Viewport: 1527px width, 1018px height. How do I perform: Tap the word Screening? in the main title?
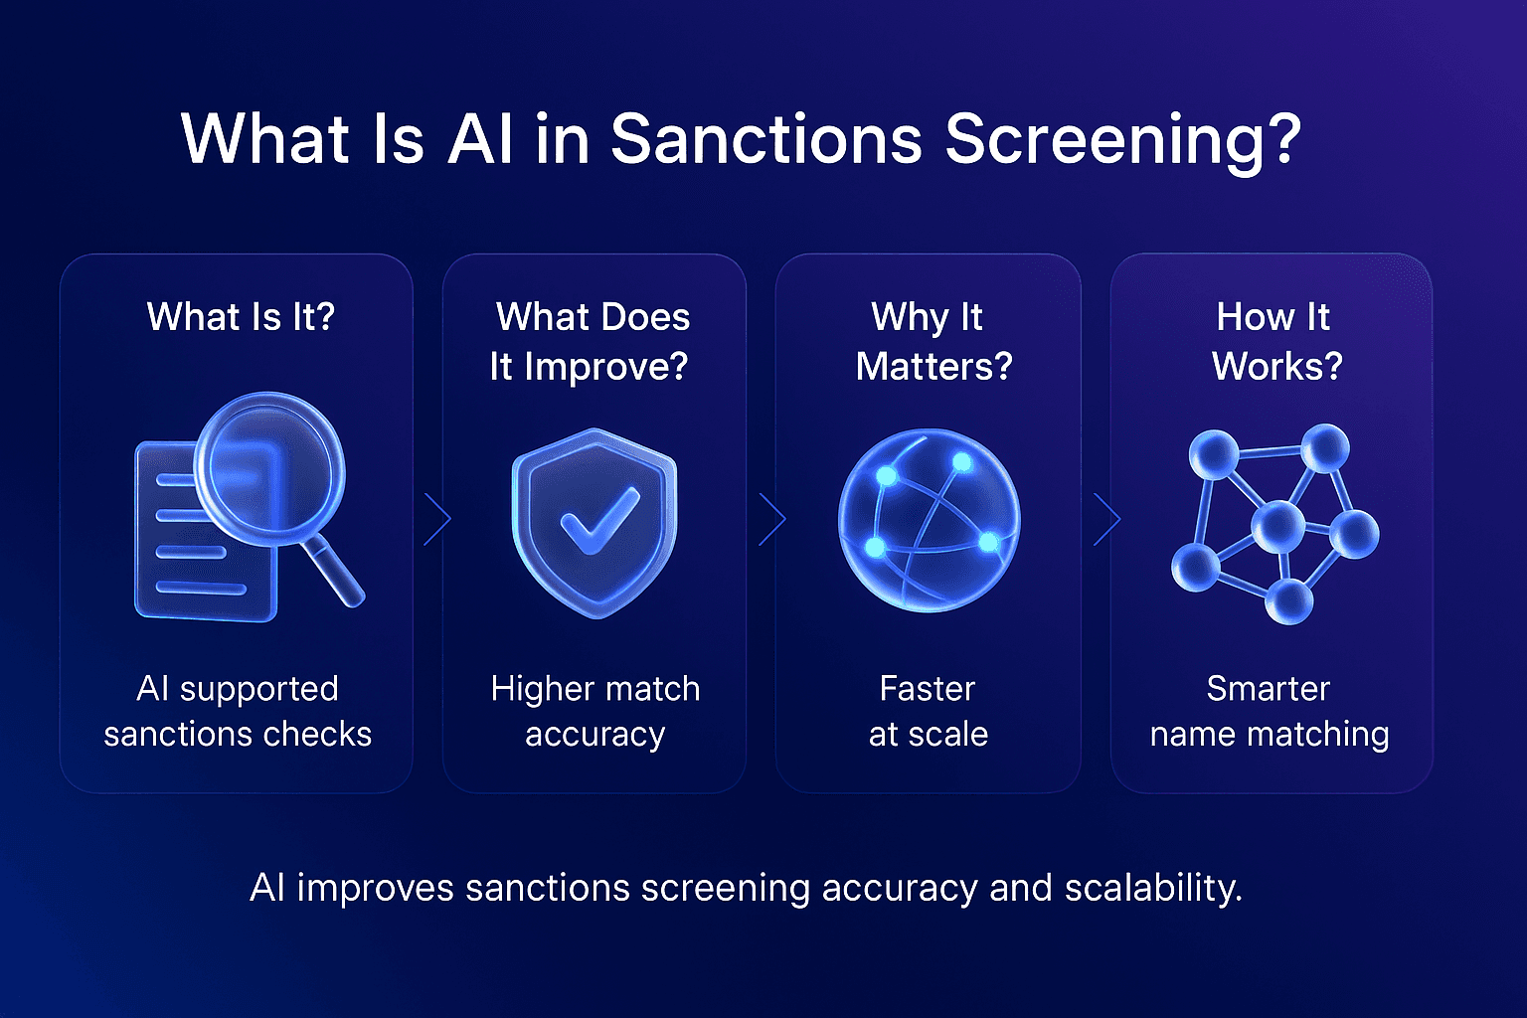point(1122,140)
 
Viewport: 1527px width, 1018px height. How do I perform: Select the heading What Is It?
point(241,317)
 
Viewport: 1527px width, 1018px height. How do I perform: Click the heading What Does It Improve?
point(592,341)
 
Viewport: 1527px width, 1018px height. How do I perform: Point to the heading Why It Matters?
point(932,341)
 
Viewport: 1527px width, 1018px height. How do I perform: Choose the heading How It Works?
point(1274,341)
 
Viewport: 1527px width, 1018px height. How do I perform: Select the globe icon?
point(929,520)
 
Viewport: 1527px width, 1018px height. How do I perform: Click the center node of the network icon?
point(1277,526)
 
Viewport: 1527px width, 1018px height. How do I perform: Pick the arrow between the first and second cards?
point(436,518)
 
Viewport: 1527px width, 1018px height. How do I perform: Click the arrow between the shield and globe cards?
point(771,518)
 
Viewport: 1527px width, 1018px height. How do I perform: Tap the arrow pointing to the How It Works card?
point(1106,518)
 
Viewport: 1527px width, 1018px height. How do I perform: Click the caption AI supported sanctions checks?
point(238,711)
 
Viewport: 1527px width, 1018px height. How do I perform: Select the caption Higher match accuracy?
point(594,711)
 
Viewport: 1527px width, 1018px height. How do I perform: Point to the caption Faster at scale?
point(928,711)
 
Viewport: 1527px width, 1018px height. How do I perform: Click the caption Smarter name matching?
point(1270,711)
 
